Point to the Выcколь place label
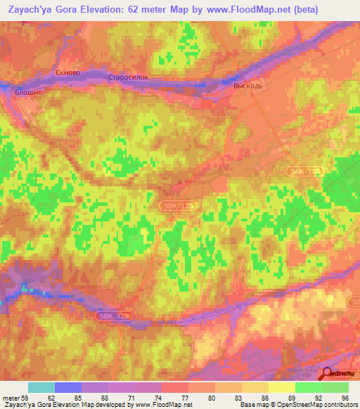[x=247, y=84]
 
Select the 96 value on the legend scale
[x=345, y=397]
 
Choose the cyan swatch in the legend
[x=41, y=387]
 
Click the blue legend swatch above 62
[x=68, y=387]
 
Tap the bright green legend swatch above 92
[x=309, y=387]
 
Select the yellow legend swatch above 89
[x=282, y=387]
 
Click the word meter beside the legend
[x=11, y=397]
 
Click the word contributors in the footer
[x=334, y=405]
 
